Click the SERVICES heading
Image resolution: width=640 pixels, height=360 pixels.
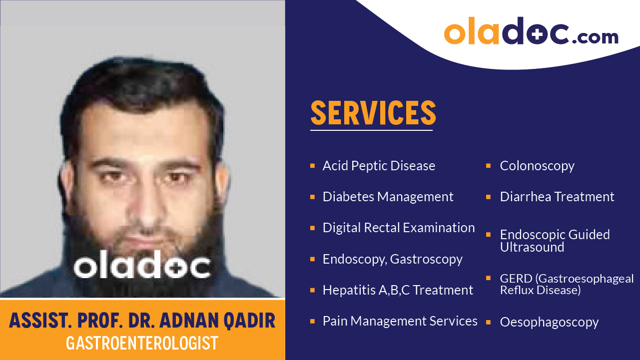point(373,113)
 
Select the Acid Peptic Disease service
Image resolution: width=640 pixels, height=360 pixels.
point(379,166)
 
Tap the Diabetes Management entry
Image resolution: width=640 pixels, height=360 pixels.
point(388,197)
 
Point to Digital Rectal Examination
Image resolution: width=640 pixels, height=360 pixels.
point(399,228)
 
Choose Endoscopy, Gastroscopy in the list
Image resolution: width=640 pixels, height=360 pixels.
point(392,259)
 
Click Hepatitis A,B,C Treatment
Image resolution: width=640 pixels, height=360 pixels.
point(398,290)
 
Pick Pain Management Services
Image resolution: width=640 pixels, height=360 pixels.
point(400,321)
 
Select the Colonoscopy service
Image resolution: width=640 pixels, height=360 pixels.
point(537,166)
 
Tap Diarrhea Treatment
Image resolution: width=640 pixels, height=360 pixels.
point(557,197)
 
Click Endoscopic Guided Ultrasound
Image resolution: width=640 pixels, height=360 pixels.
point(555,241)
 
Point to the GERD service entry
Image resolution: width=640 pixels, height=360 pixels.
point(567,284)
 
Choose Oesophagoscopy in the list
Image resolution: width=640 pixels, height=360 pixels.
point(549,322)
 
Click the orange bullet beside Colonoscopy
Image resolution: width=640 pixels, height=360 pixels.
point(488,165)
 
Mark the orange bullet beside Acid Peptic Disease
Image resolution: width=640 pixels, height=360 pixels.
point(312,165)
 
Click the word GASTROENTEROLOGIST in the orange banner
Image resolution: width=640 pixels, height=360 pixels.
point(142,343)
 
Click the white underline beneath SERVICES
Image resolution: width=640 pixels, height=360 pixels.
point(371,130)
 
